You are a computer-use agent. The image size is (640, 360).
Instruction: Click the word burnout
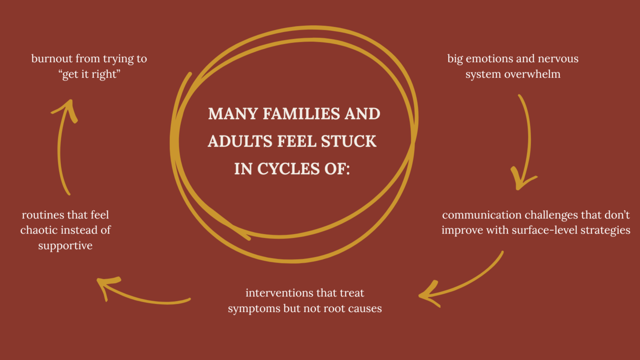(52, 59)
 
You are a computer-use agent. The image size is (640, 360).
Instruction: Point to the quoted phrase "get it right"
(90, 74)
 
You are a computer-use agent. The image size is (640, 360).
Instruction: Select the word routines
(43, 215)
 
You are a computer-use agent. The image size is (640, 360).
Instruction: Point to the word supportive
(65, 246)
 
